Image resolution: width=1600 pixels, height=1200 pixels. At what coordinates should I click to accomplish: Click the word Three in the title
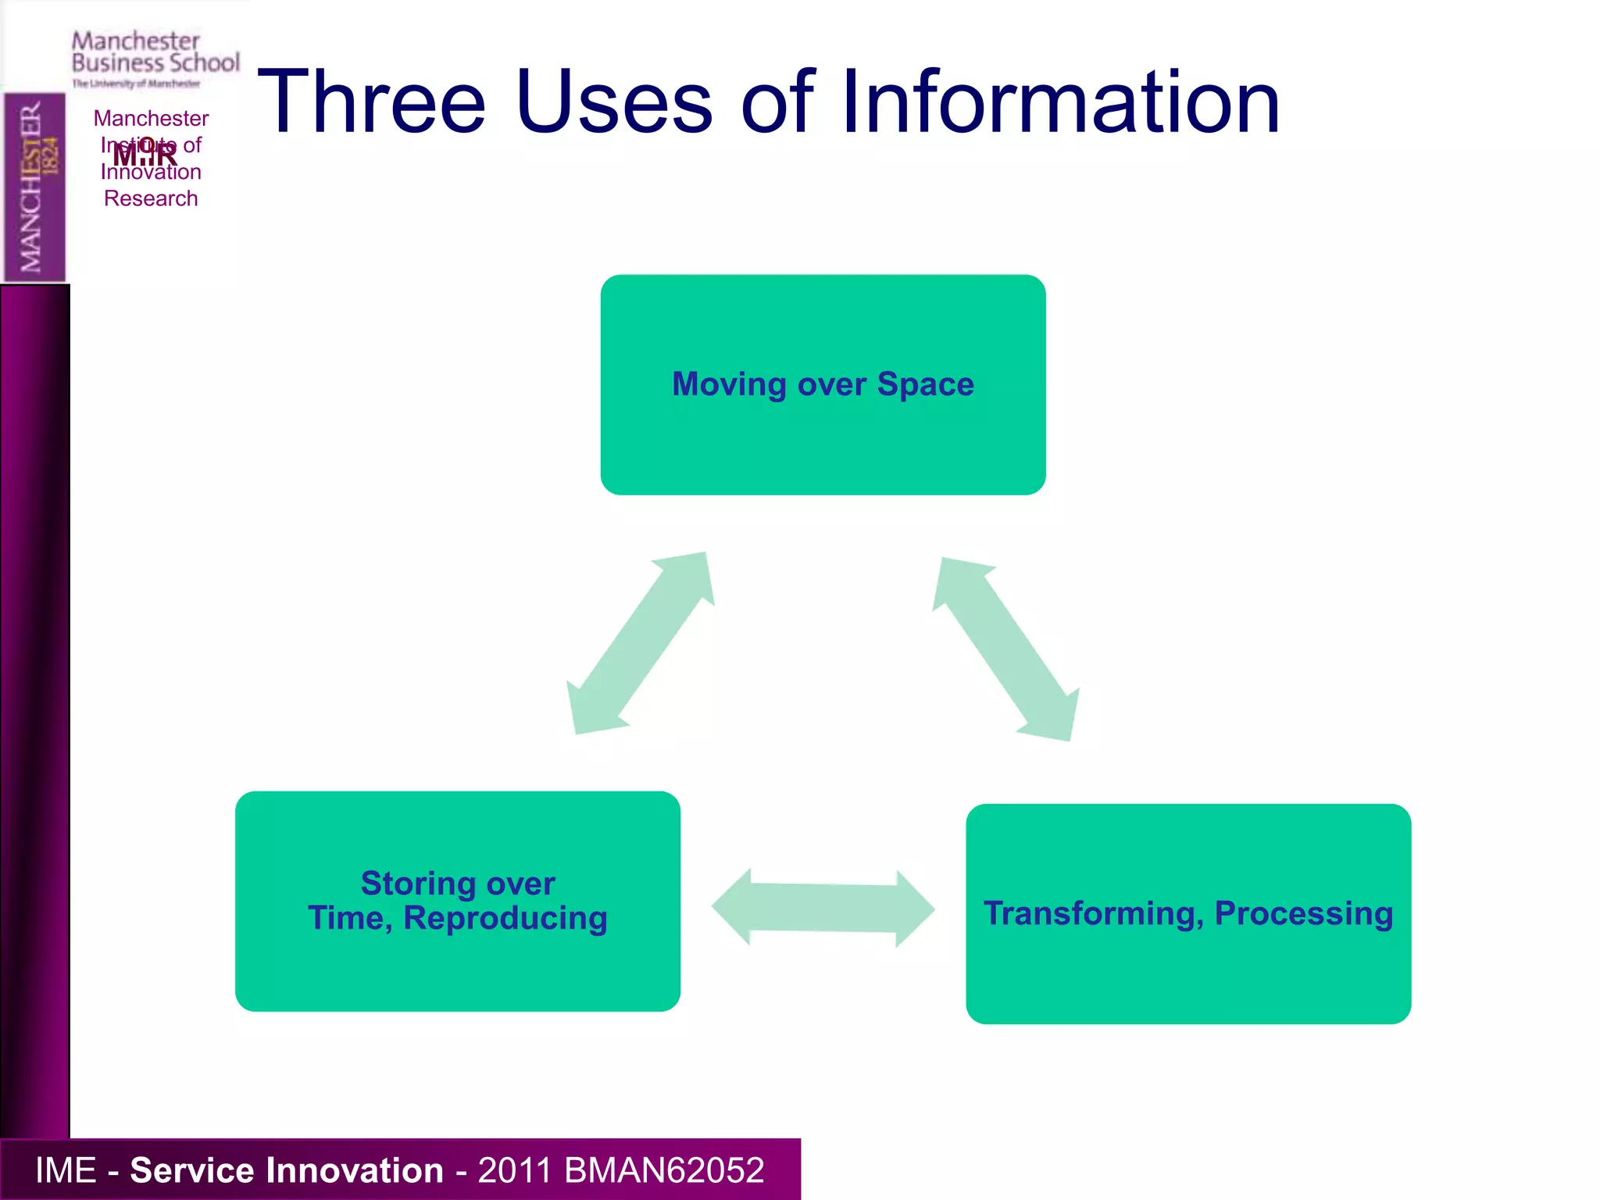(372, 102)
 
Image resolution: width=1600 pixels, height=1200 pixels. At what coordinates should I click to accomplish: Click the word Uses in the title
(613, 102)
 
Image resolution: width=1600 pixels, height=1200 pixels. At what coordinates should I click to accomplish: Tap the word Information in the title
(1060, 102)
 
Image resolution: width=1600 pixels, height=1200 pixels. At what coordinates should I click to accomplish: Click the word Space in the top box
(925, 384)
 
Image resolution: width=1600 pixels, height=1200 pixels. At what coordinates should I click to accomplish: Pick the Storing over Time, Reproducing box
(457, 969)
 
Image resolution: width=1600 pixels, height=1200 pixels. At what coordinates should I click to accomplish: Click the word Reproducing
(505, 919)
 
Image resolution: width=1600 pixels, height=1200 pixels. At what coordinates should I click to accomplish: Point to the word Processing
(1303, 913)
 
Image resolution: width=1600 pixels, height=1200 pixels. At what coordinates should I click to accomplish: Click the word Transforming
(1092, 913)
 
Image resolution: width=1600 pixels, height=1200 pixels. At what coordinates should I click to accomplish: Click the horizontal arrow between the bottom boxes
(823, 908)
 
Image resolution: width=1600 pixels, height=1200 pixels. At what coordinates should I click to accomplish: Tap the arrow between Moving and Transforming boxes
(1006, 649)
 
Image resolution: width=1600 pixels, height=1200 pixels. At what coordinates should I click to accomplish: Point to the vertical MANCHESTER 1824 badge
(34, 187)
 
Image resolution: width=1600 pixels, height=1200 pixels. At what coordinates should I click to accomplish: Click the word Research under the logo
(151, 198)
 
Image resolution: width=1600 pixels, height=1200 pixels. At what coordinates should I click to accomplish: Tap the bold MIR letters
(145, 155)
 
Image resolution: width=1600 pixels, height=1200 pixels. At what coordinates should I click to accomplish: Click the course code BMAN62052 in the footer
(663, 1170)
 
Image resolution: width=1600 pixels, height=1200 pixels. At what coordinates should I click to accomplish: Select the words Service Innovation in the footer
(286, 1170)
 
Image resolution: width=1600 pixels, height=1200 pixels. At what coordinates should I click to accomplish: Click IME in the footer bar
(66, 1170)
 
